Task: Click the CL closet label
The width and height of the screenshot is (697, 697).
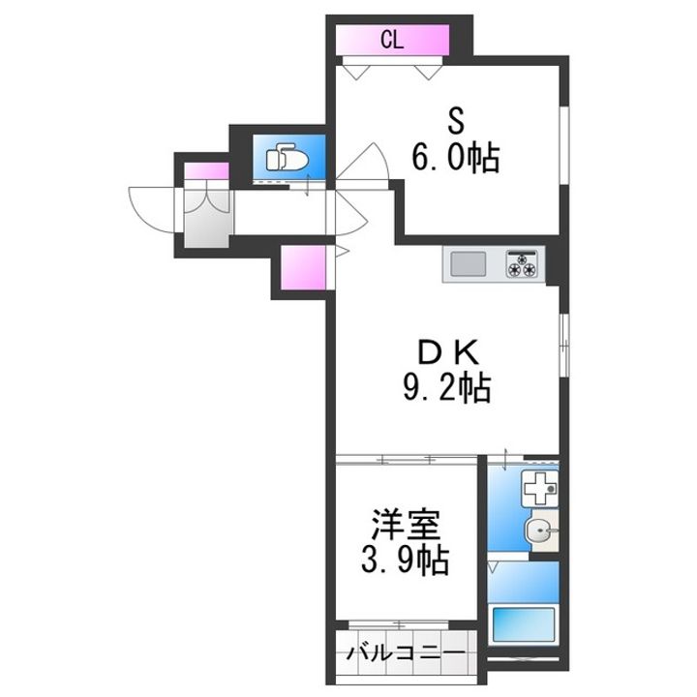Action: pyautogui.click(x=391, y=40)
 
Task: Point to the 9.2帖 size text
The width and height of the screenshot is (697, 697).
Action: pyautogui.click(x=446, y=389)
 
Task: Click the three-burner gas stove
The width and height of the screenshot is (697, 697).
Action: pyautogui.click(x=524, y=264)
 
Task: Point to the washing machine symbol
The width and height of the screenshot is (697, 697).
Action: pyautogui.click(x=535, y=489)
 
